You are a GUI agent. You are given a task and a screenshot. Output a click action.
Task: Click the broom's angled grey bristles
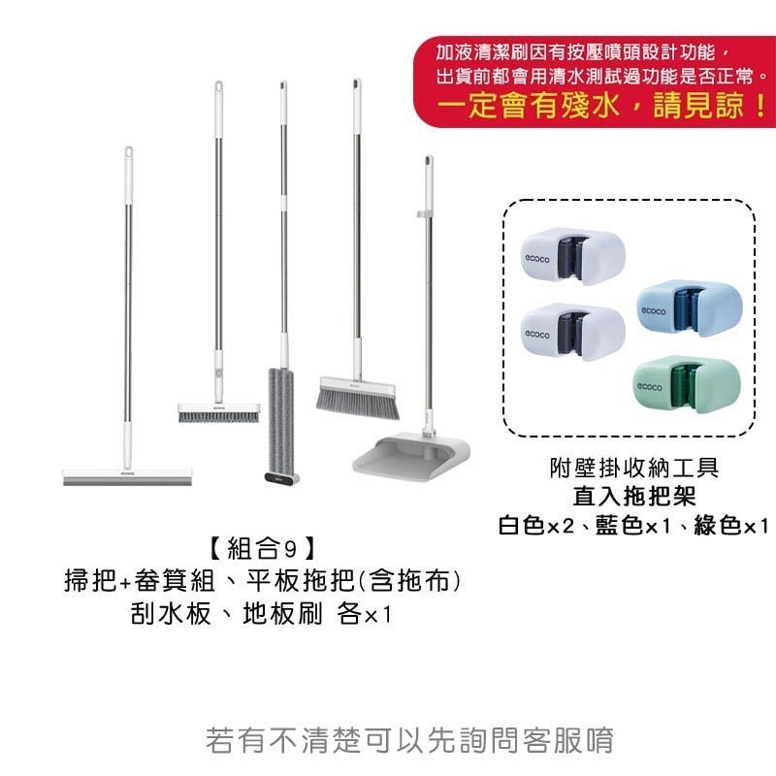coord(356,399)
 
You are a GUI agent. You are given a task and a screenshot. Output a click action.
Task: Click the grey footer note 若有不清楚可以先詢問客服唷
coord(410,740)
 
